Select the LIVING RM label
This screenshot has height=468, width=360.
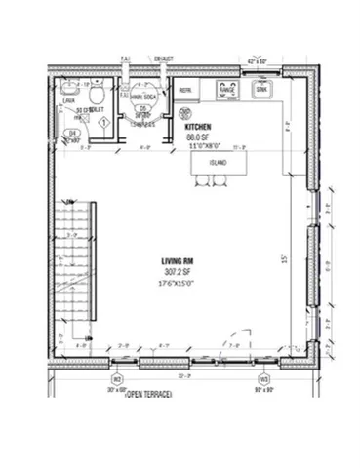[x=179, y=260]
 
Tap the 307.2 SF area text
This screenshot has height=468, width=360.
[x=179, y=271]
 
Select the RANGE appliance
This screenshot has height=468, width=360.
[x=227, y=92]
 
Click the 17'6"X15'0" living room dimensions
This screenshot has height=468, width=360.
[x=179, y=282]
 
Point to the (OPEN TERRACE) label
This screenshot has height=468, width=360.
[x=147, y=393]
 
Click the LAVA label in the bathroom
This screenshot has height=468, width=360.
[x=69, y=100]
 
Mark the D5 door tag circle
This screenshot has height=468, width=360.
[x=142, y=109]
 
